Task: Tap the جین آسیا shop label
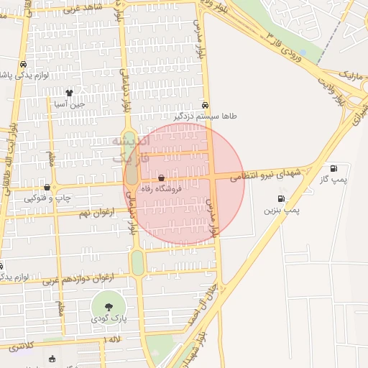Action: click(x=70, y=103)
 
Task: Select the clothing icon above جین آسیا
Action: click(x=69, y=93)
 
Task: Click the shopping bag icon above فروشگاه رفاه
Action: click(x=160, y=177)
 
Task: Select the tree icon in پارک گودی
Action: click(x=109, y=307)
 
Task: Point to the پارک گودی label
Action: click(x=109, y=318)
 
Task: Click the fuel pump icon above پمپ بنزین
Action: click(x=280, y=199)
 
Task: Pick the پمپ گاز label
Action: click(x=334, y=180)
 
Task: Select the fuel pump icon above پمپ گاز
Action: click(x=334, y=168)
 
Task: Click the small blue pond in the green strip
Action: click(x=303, y=53)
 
